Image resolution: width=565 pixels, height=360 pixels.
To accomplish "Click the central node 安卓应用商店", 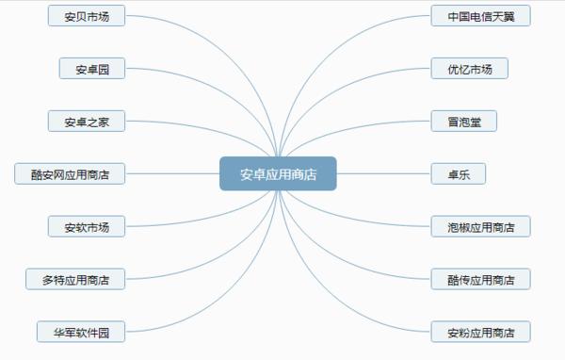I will click(x=278, y=173).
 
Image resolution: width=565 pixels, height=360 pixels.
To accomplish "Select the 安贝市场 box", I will click(x=87, y=16).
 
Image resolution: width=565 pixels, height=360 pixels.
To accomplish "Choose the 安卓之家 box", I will click(x=87, y=122).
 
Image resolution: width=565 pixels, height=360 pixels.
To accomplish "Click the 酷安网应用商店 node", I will click(x=70, y=173).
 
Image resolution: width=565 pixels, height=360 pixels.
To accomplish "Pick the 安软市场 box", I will click(x=87, y=227).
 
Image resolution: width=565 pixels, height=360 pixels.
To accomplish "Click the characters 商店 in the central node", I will click(x=303, y=173).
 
